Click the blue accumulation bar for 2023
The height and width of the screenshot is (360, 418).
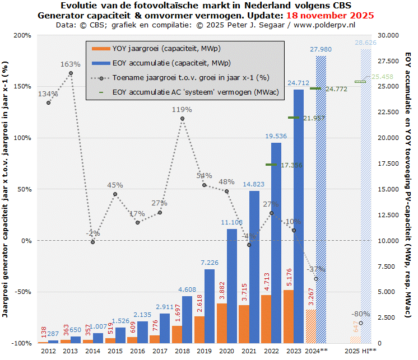(299, 216)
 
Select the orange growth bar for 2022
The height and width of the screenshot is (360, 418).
(266, 319)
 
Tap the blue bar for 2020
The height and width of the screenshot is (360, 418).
(232, 286)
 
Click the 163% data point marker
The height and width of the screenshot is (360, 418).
(71, 73)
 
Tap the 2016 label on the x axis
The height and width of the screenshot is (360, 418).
(137, 350)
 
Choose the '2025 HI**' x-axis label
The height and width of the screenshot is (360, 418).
(360, 350)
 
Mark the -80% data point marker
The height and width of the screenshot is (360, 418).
(361, 323)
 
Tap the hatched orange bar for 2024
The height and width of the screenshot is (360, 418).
(310, 326)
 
